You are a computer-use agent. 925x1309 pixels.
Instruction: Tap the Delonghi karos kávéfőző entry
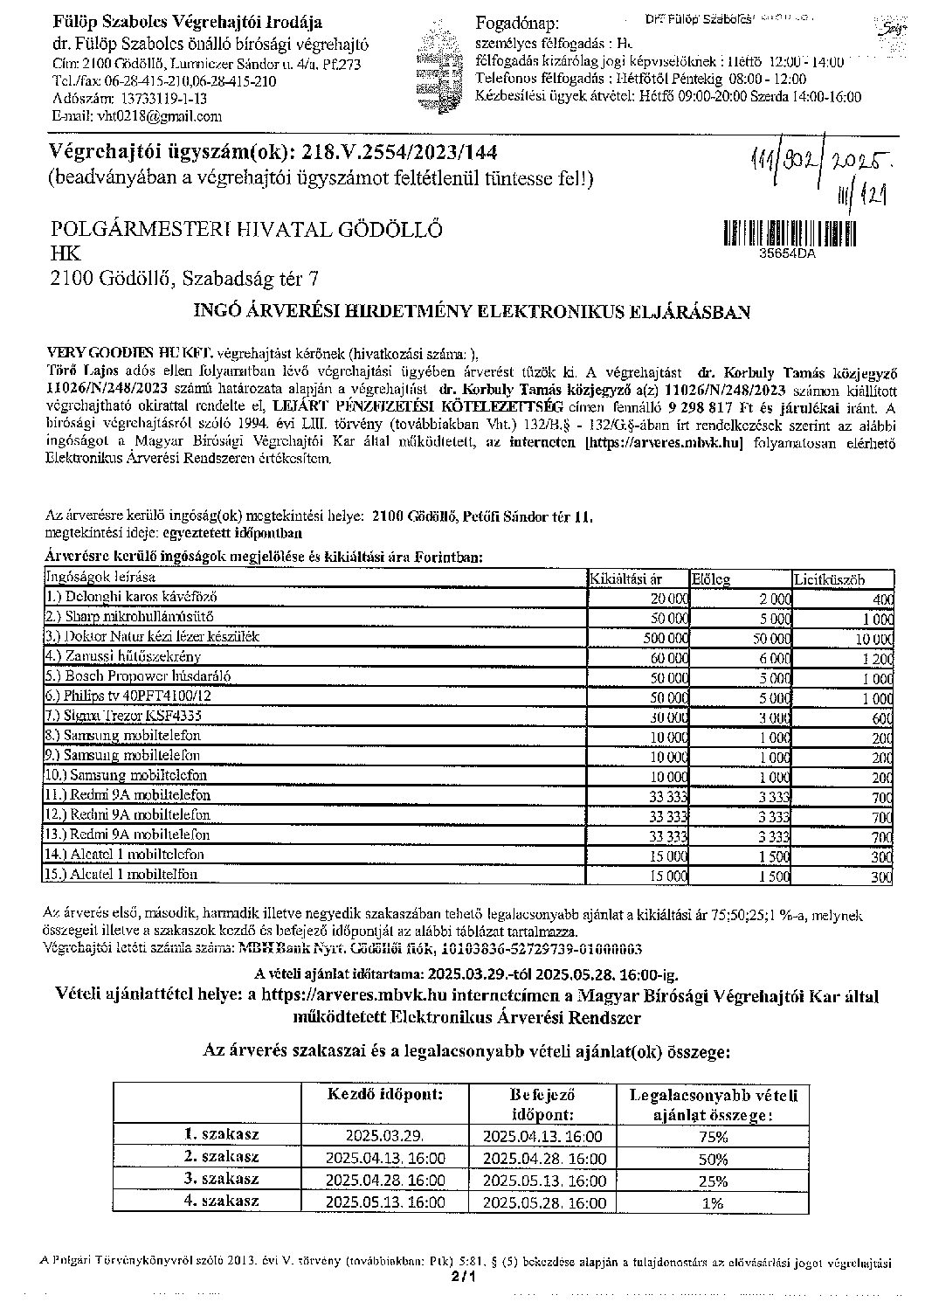(131, 598)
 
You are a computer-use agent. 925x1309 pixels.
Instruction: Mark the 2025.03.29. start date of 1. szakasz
(385, 1137)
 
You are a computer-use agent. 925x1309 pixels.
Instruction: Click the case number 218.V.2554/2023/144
(399, 153)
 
